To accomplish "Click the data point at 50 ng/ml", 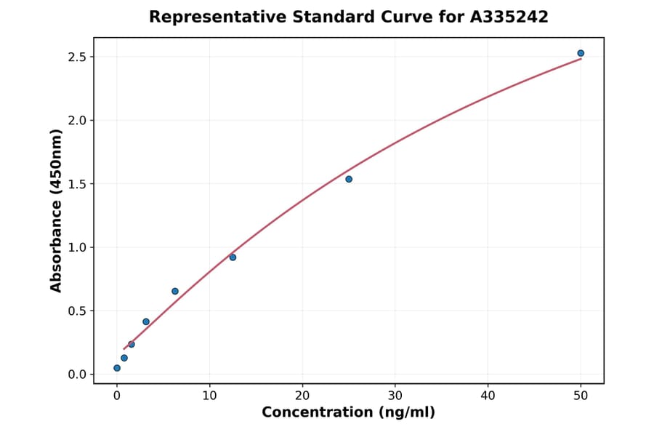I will tap(581, 53).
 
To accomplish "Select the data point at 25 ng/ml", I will tap(349, 179).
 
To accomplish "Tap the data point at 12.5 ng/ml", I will tap(233, 257).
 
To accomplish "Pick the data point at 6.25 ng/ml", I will tap(175, 291).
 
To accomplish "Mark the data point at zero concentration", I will tap(117, 368).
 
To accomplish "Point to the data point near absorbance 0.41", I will tap(146, 321).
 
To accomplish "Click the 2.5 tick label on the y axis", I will tap(76, 57).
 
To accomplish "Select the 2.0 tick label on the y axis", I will tap(76, 121).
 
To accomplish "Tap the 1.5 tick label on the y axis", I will tap(76, 184).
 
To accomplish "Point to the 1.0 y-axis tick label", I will tap(76, 247).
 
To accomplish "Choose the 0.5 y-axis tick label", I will tap(76, 311).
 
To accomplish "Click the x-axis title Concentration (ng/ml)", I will tap(348, 413).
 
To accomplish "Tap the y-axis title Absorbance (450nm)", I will tap(57, 211).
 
